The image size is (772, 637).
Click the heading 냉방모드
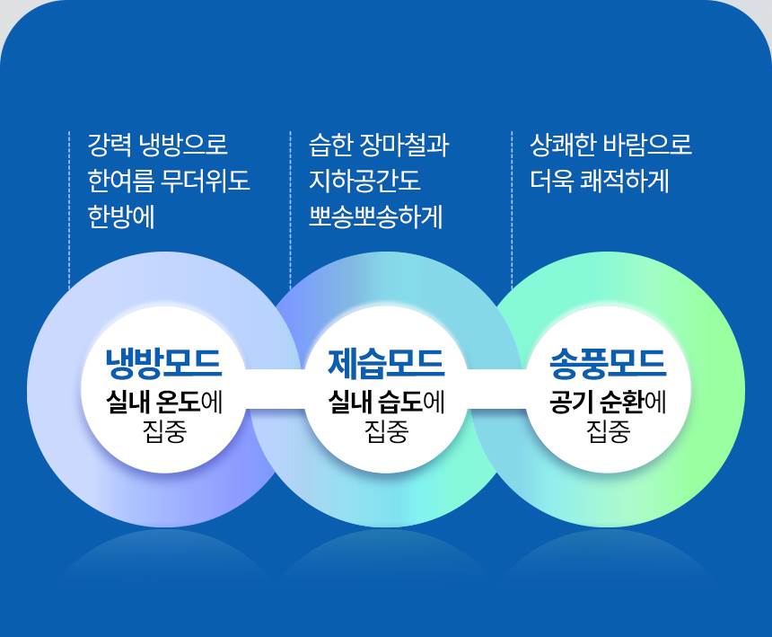[x=163, y=363]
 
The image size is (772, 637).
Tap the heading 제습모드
[x=386, y=363]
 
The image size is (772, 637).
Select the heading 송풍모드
[x=608, y=363]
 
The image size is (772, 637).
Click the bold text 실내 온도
[x=154, y=402]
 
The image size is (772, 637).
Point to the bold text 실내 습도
[x=376, y=402]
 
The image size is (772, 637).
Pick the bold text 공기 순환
[x=598, y=402]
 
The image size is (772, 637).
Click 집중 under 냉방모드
[x=163, y=432]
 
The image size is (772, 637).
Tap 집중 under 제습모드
[x=386, y=432]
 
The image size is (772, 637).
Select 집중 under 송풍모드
[x=608, y=432]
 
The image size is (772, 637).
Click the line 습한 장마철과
[x=378, y=145]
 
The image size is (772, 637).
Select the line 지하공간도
[x=364, y=181]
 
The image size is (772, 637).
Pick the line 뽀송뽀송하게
[x=376, y=218]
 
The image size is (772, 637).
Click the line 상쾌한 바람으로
[x=611, y=145]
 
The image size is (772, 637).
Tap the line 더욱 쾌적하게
[x=600, y=181]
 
